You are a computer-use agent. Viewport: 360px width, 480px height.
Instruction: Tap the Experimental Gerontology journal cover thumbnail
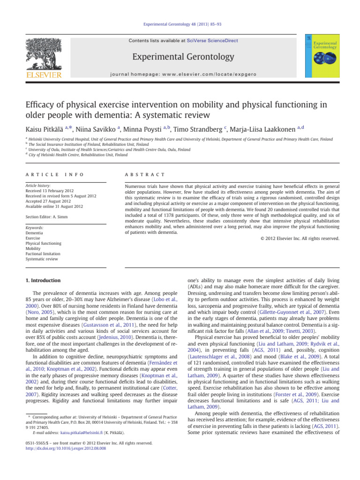point(322,57)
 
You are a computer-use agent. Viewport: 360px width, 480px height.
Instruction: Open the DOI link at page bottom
point(66,448)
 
